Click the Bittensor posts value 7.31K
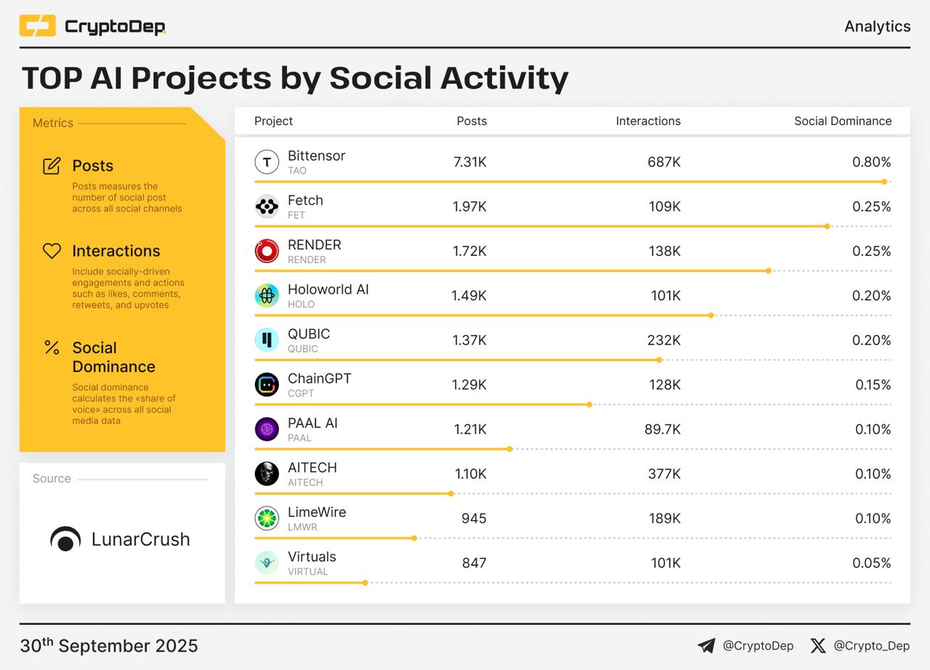pyautogui.click(x=469, y=162)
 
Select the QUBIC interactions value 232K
pyautogui.click(x=664, y=340)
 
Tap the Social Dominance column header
pyautogui.click(x=842, y=121)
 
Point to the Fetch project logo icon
pyautogui.click(x=267, y=207)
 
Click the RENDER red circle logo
pyautogui.click(x=267, y=251)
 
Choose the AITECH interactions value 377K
pyautogui.click(x=664, y=474)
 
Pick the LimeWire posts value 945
pyautogui.click(x=474, y=518)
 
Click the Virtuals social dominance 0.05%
pyautogui.click(x=871, y=562)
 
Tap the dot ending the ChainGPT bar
pyautogui.click(x=589, y=404)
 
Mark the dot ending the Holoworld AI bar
pyautogui.click(x=711, y=315)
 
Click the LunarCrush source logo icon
pyautogui.click(x=65, y=539)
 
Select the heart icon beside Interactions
pyautogui.click(x=52, y=251)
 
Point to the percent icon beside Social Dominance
pyautogui.click(x=52, y=347)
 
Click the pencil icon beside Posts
pyautogui.click(x=52, y=166)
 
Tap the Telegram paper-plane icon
pyautogui.click(x=706, y=645)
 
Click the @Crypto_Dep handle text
pyautogui.click(x=871, y=645)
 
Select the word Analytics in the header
pyautogui.click(x=877, y=26)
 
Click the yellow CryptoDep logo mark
pyautogui.click(x=38, y=26)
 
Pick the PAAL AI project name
pyautogui.click(x=312, y=423)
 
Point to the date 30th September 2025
pyautogui.click(x=109, y=645)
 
